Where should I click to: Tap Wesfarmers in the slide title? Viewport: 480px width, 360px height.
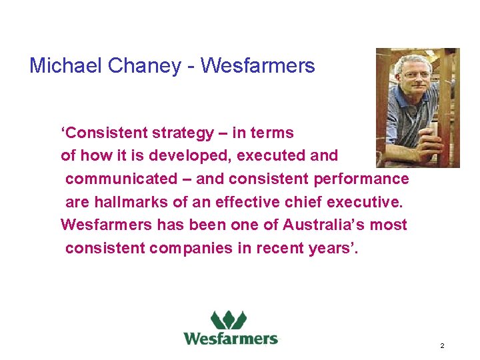click(x=257, y=65)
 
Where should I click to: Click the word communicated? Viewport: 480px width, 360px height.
click(x=119, y=179)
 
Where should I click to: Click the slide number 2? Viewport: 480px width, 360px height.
click(x=442, y=346)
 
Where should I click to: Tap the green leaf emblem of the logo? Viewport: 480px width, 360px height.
click(x=229, y=320)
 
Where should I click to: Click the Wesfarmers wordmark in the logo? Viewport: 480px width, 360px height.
click(x=231, y=338)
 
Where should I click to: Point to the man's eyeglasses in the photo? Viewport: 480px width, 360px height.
click(x=416, y=75)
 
